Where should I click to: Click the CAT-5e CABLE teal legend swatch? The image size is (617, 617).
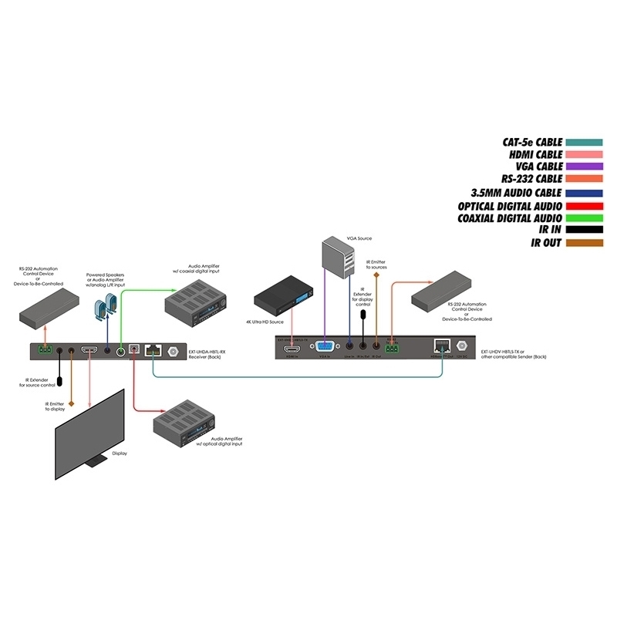(585, 142)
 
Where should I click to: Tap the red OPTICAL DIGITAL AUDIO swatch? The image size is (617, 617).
(585, 206)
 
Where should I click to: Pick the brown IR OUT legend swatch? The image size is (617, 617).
(585, 244)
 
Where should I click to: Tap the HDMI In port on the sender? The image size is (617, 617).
(292, 349)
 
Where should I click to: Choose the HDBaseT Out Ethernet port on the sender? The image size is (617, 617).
(441, 348)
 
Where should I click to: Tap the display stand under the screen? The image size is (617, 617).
(96, 460)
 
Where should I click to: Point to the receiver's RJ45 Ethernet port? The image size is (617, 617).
(152, 350)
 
